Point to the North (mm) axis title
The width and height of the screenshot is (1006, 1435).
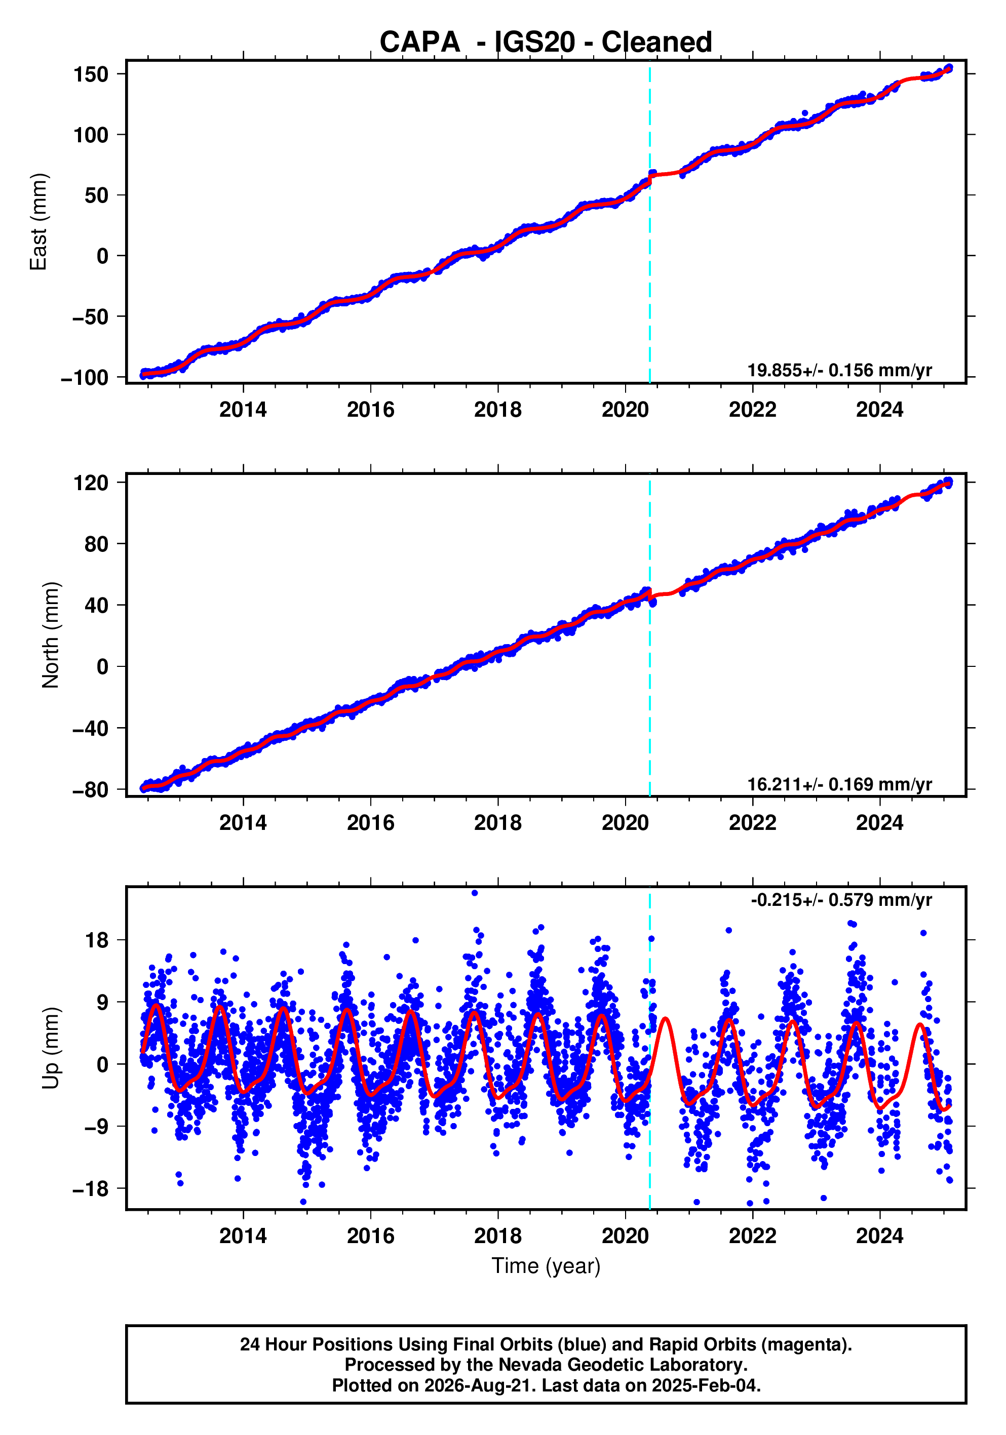click(x=51, y=635)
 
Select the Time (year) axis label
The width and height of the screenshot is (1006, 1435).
click(x=546, y=1265)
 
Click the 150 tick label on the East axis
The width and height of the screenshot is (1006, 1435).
click(x=91, y=74)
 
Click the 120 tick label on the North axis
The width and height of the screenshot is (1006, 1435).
click(x=91, y=483)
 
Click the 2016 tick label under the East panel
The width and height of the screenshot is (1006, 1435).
click(x=371, y=410)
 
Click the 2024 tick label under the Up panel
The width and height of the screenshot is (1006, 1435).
click(x=880, y=1235)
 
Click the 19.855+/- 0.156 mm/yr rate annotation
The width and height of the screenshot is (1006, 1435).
click(x=840, y=370)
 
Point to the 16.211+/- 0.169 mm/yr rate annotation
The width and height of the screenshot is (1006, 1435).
click(x=840, y=784)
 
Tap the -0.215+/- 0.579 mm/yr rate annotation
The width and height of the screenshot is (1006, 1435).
click(x=841, y=900)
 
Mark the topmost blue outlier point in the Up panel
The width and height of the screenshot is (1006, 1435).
click(x=475, y=893)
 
